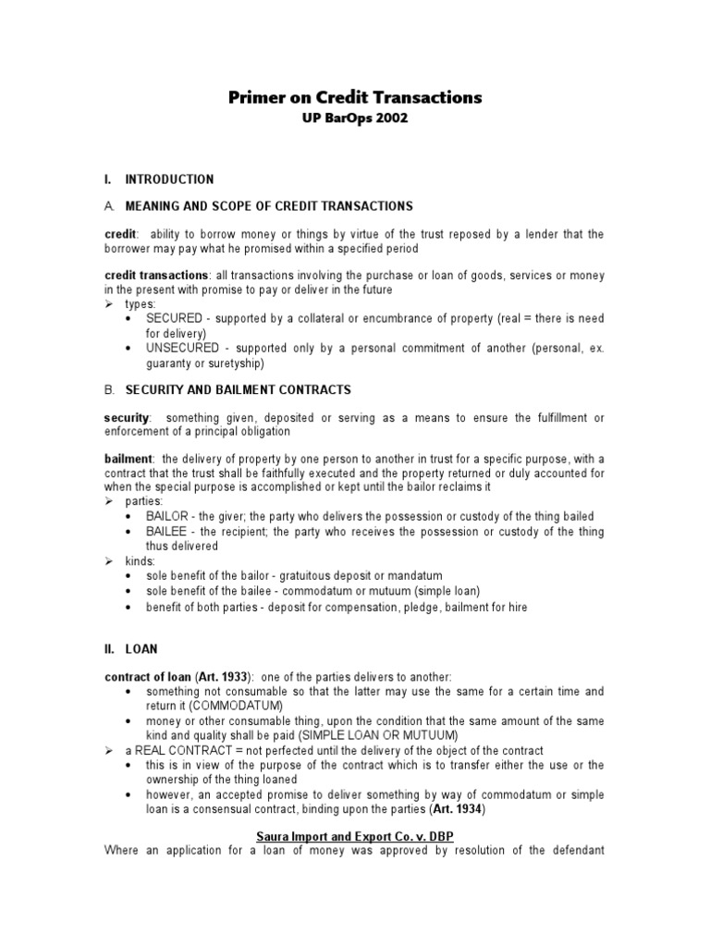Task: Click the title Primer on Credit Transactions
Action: pos(355,98)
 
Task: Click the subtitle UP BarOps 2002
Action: pos(355,120)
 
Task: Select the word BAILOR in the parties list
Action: pos(166,516)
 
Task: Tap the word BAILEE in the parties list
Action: pos(165,531)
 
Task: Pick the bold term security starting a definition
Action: pos(127,418)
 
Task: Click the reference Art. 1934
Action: pos(457,809)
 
